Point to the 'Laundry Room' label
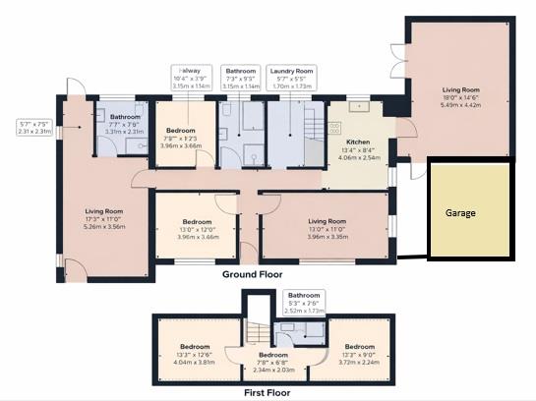click(x=291, y=72)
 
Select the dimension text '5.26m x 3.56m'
click(x=103, y=226)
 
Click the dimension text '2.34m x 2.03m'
click(x=274, y=370)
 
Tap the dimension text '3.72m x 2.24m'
click(x=359, y=361)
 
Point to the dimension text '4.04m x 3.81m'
click(x=194, y=361)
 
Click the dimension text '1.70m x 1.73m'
click(x=291, y=86)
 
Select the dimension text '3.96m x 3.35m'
click(x=328, y=236)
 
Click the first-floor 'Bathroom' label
click(x=303, y=295)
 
